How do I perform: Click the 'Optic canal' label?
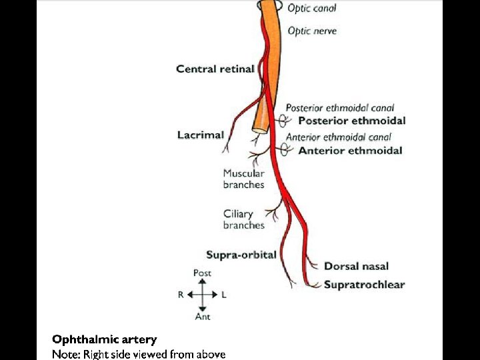tap(312, 9)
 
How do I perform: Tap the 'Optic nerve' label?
tap(312, 31)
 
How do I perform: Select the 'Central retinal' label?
tap(215, 69)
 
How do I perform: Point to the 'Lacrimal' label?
tap(201, 135)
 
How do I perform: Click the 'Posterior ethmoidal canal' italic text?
tap(340, 107)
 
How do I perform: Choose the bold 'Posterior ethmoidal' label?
tap(351, 121)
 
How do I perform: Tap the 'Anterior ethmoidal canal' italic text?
tap(338, 137)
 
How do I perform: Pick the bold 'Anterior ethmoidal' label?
tap(350, 151)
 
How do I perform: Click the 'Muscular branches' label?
tap(243, 179)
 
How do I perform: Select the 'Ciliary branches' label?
tap(243, 219)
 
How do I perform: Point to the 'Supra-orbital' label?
tap(241, 255)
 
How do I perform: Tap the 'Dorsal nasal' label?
tap(356, 266)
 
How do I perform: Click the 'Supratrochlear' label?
tap(364, 285)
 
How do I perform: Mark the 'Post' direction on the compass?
tap(202, 273)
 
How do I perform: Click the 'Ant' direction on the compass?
tap(203, 317)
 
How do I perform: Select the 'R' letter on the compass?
tap(181, 295)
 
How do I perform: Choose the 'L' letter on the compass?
tap(224, 295)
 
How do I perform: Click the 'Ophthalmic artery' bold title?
tap(105, 340)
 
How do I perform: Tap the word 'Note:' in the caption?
tap(66, 354)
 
